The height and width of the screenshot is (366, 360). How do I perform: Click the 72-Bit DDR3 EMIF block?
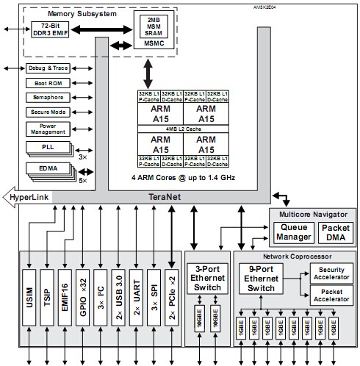(50, 30)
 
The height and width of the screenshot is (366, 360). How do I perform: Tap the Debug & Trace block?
(47, 68)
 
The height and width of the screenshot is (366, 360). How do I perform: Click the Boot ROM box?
(47, 83)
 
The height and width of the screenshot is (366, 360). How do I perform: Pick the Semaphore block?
(47, 97)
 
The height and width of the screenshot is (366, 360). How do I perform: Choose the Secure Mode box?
(47, 112)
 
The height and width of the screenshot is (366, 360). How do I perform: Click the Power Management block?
(47, 129)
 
